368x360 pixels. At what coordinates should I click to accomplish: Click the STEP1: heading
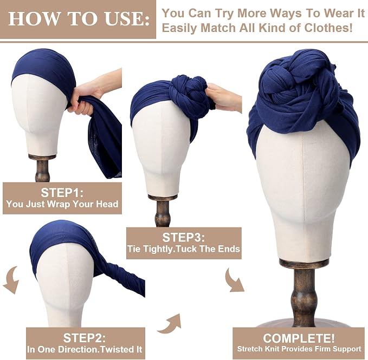tap(62, 193)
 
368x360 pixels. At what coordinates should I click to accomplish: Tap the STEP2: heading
tap(85, 338)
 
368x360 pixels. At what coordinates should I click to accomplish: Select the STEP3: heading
tap(184, 238)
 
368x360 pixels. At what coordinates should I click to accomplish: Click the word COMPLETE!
tap(299, 338)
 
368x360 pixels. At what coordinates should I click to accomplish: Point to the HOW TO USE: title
tap(79, 18)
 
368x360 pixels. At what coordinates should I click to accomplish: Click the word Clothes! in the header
tap(328, 28)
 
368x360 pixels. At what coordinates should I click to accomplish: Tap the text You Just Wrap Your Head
tap(62, 204)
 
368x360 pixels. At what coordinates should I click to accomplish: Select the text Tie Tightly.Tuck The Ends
tap(184, 248)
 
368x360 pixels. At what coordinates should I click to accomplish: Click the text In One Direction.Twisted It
tap(85, 349)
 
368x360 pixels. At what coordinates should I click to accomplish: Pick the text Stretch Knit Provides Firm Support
tap(299, 349)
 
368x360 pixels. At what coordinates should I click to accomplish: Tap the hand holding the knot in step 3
tap(224, 96)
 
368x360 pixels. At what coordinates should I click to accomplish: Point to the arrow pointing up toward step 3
tap(170, 323)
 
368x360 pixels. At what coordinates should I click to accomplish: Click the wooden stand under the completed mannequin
tap(304, 293)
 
